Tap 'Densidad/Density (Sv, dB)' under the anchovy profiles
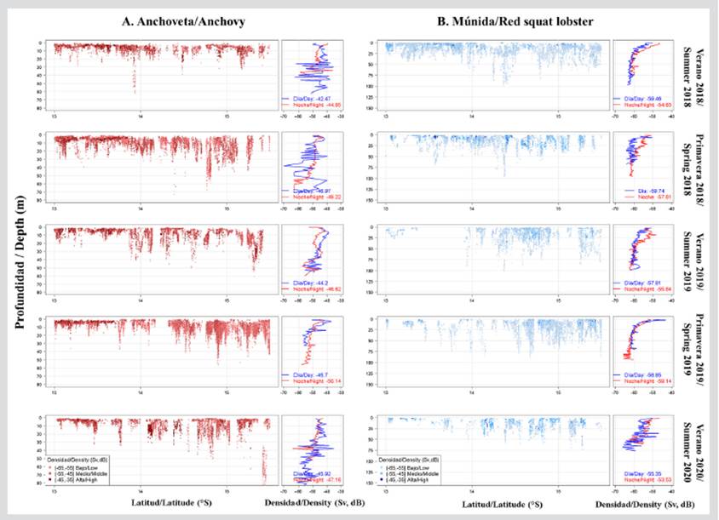(x=314, y=505)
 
